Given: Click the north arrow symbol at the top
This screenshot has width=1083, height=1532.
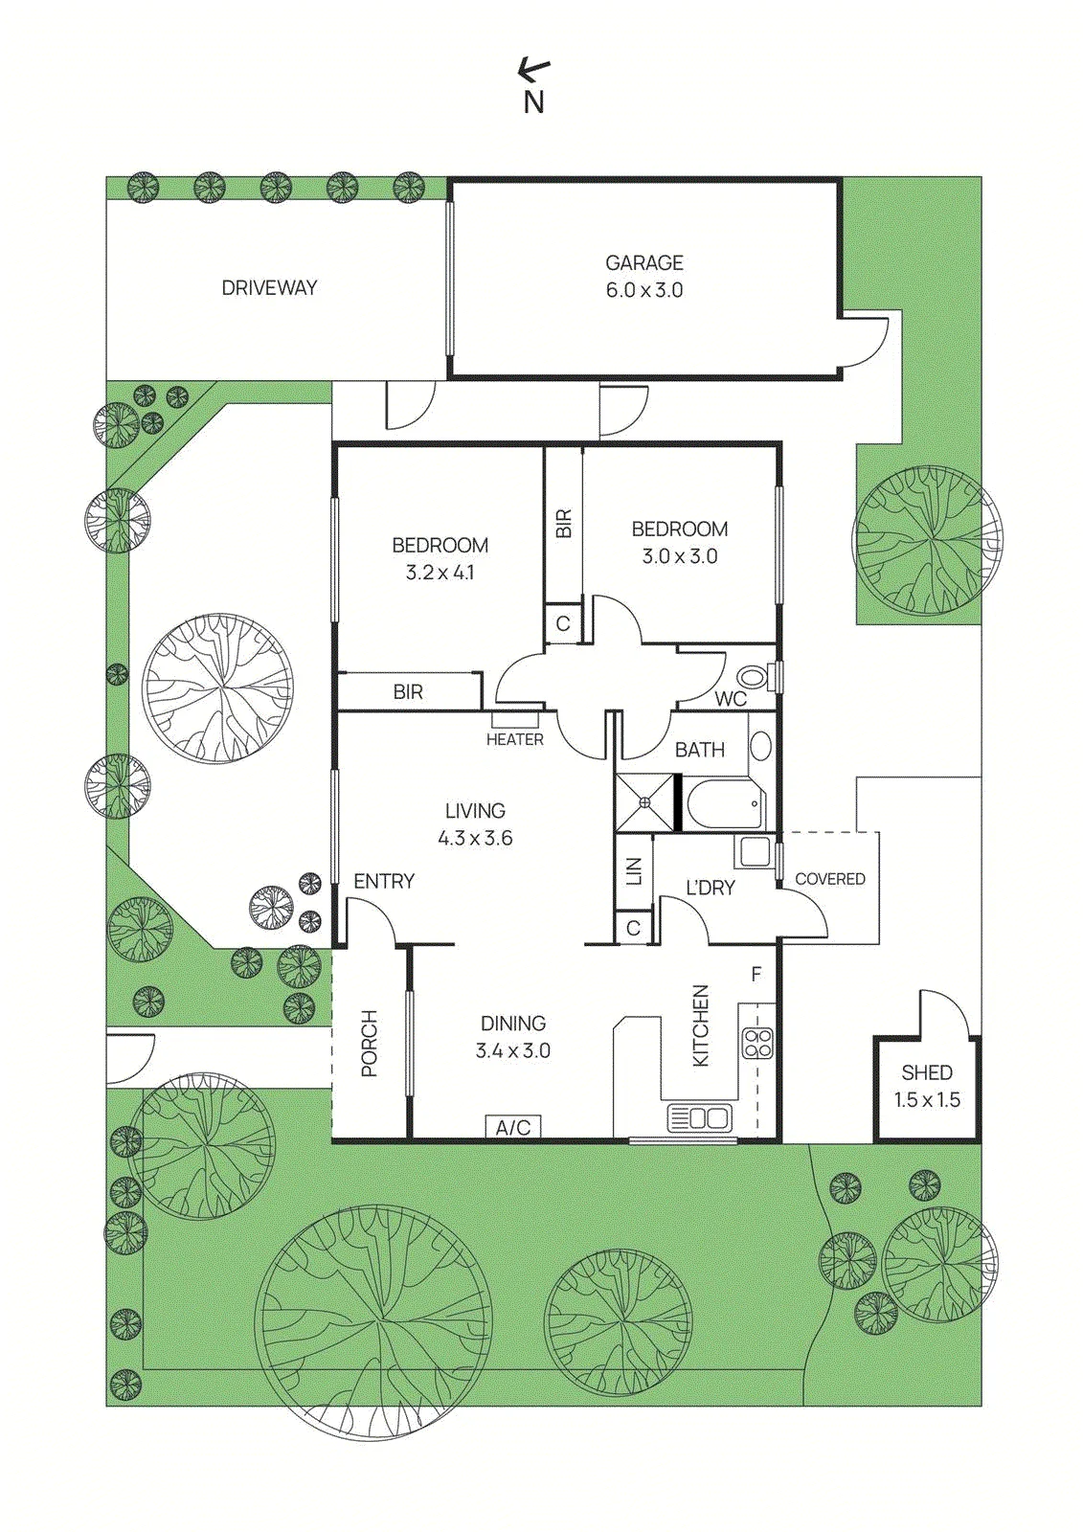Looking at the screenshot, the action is click(533, 67).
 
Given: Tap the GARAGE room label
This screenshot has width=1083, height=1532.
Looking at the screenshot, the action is click(643, 262).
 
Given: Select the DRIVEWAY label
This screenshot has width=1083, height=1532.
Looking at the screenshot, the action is click(269, 288).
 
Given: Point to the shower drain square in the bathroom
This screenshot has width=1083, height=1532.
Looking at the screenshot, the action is click(644, 802).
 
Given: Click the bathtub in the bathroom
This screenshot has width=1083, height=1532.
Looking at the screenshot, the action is click(722, 803).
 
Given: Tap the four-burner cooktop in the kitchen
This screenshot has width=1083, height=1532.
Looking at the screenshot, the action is click(757, 1043).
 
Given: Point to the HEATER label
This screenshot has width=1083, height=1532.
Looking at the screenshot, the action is click(515, 739).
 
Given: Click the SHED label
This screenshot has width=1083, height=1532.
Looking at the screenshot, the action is click(927, 1071).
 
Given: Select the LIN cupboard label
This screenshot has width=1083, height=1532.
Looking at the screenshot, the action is click(634, 871).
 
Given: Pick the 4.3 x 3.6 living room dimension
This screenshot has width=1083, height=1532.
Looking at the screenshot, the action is click(476, 838).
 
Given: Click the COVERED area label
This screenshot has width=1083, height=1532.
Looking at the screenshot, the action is click(830, 879).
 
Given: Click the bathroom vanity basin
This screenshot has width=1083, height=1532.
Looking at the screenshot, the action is click(760, 746).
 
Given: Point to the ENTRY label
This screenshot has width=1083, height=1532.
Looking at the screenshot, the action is click(384, 881).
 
